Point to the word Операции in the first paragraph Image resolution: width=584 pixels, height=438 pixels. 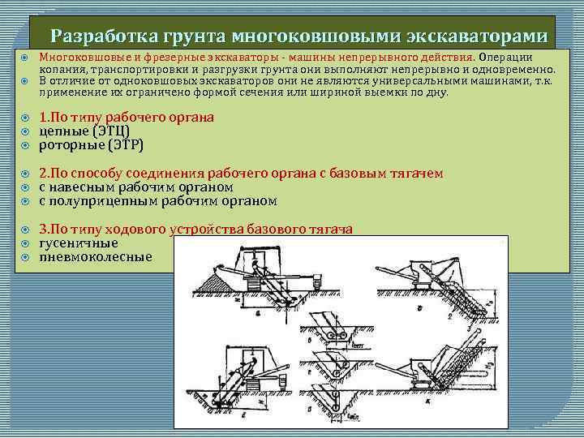click(x=505, y=58)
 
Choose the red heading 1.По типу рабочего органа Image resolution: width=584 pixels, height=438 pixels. click(x=127, y=117)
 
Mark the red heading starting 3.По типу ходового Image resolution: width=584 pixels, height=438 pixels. click(x=195, y=229)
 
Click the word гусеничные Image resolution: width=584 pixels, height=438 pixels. click(x=79, y=243)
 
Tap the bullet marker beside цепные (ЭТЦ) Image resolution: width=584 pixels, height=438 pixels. click(x=24, y=131)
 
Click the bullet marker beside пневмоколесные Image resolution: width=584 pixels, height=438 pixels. click(x=24, y=257)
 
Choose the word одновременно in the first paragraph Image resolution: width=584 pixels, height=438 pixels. click(x=514, y=70)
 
